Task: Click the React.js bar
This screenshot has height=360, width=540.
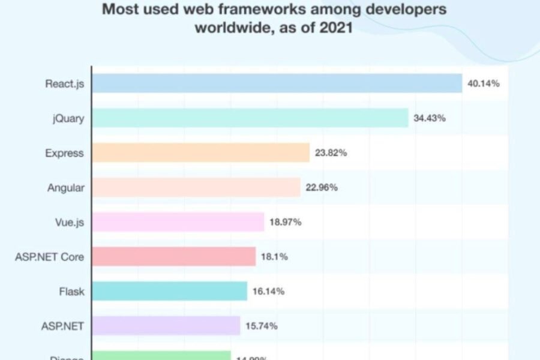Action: tap(277, 83)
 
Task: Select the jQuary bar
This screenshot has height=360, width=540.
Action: tap(250, 118)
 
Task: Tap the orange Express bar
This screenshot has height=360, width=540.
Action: tap(200, 153)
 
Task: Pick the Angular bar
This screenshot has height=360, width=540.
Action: tap(196, 188)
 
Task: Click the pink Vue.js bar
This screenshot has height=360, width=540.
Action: tap(178, 223)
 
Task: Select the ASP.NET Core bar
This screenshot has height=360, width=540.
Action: tap(174, 257)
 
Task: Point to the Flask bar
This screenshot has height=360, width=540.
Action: tap(170, 292)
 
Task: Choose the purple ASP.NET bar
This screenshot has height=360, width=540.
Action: tap(166, 326)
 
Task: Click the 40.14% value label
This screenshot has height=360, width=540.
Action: tap(484, 83)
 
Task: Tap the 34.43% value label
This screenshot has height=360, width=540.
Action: tap(430, 118)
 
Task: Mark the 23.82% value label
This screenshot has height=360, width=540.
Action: tap(331, 153)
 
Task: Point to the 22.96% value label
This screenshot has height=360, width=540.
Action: tap(322, 188)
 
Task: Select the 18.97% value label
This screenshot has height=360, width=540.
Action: tap(286, 223)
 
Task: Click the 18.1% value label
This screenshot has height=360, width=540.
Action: tap(274, 257)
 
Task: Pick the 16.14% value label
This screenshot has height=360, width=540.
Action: tap(268, 292)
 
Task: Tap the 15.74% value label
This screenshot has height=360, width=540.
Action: tap(262, 326)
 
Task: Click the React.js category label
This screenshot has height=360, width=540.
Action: tap(65, 83)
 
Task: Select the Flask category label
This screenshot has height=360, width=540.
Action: tap(72, 292)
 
